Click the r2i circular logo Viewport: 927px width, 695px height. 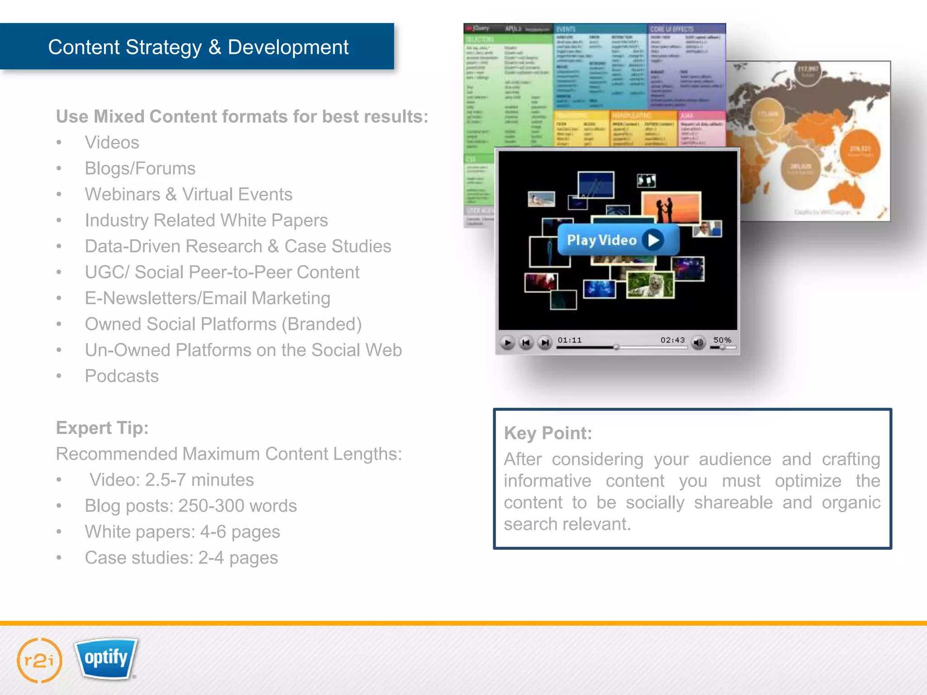point(39,660)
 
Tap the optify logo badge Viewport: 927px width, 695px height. point(106,658)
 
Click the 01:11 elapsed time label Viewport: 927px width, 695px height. point(569,340)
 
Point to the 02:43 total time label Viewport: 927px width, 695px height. point(672,340)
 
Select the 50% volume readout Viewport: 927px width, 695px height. point(722,340)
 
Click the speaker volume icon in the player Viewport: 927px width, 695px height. point(698,343)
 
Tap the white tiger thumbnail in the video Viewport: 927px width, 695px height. point(650,285)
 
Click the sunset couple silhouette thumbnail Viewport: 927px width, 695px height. point(671,207)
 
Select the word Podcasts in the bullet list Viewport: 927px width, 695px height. point(122,376)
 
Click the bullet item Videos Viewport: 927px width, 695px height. point(112,143)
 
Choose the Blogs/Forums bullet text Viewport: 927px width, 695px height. point(140,168)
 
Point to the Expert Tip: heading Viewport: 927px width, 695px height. point(102,428)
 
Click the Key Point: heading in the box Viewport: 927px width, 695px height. point(548,433)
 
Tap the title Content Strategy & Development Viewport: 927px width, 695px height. point(198,47)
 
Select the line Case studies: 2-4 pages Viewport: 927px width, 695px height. point(182,557)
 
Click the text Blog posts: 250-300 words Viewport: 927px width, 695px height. point(191,506)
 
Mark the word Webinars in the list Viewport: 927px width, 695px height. point(123,195)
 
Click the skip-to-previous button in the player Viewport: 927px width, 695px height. point(526,343)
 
